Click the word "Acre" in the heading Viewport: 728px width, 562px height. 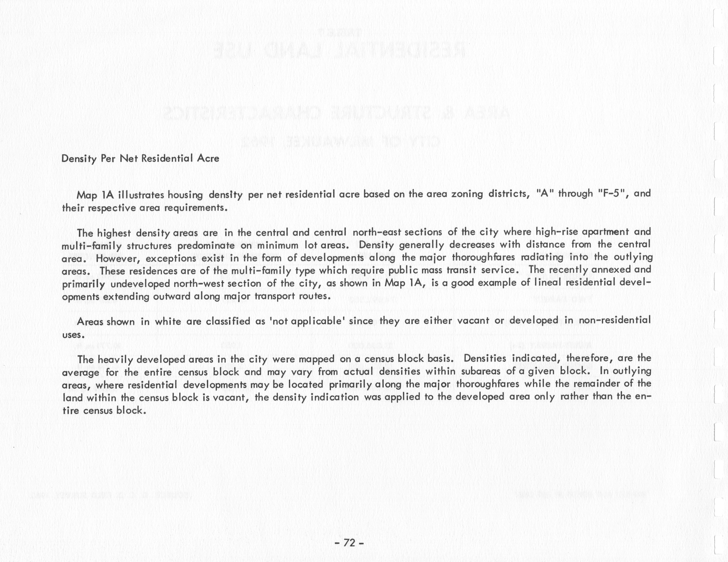click(208, 158)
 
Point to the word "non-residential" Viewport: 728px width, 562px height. click(615, 320)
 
